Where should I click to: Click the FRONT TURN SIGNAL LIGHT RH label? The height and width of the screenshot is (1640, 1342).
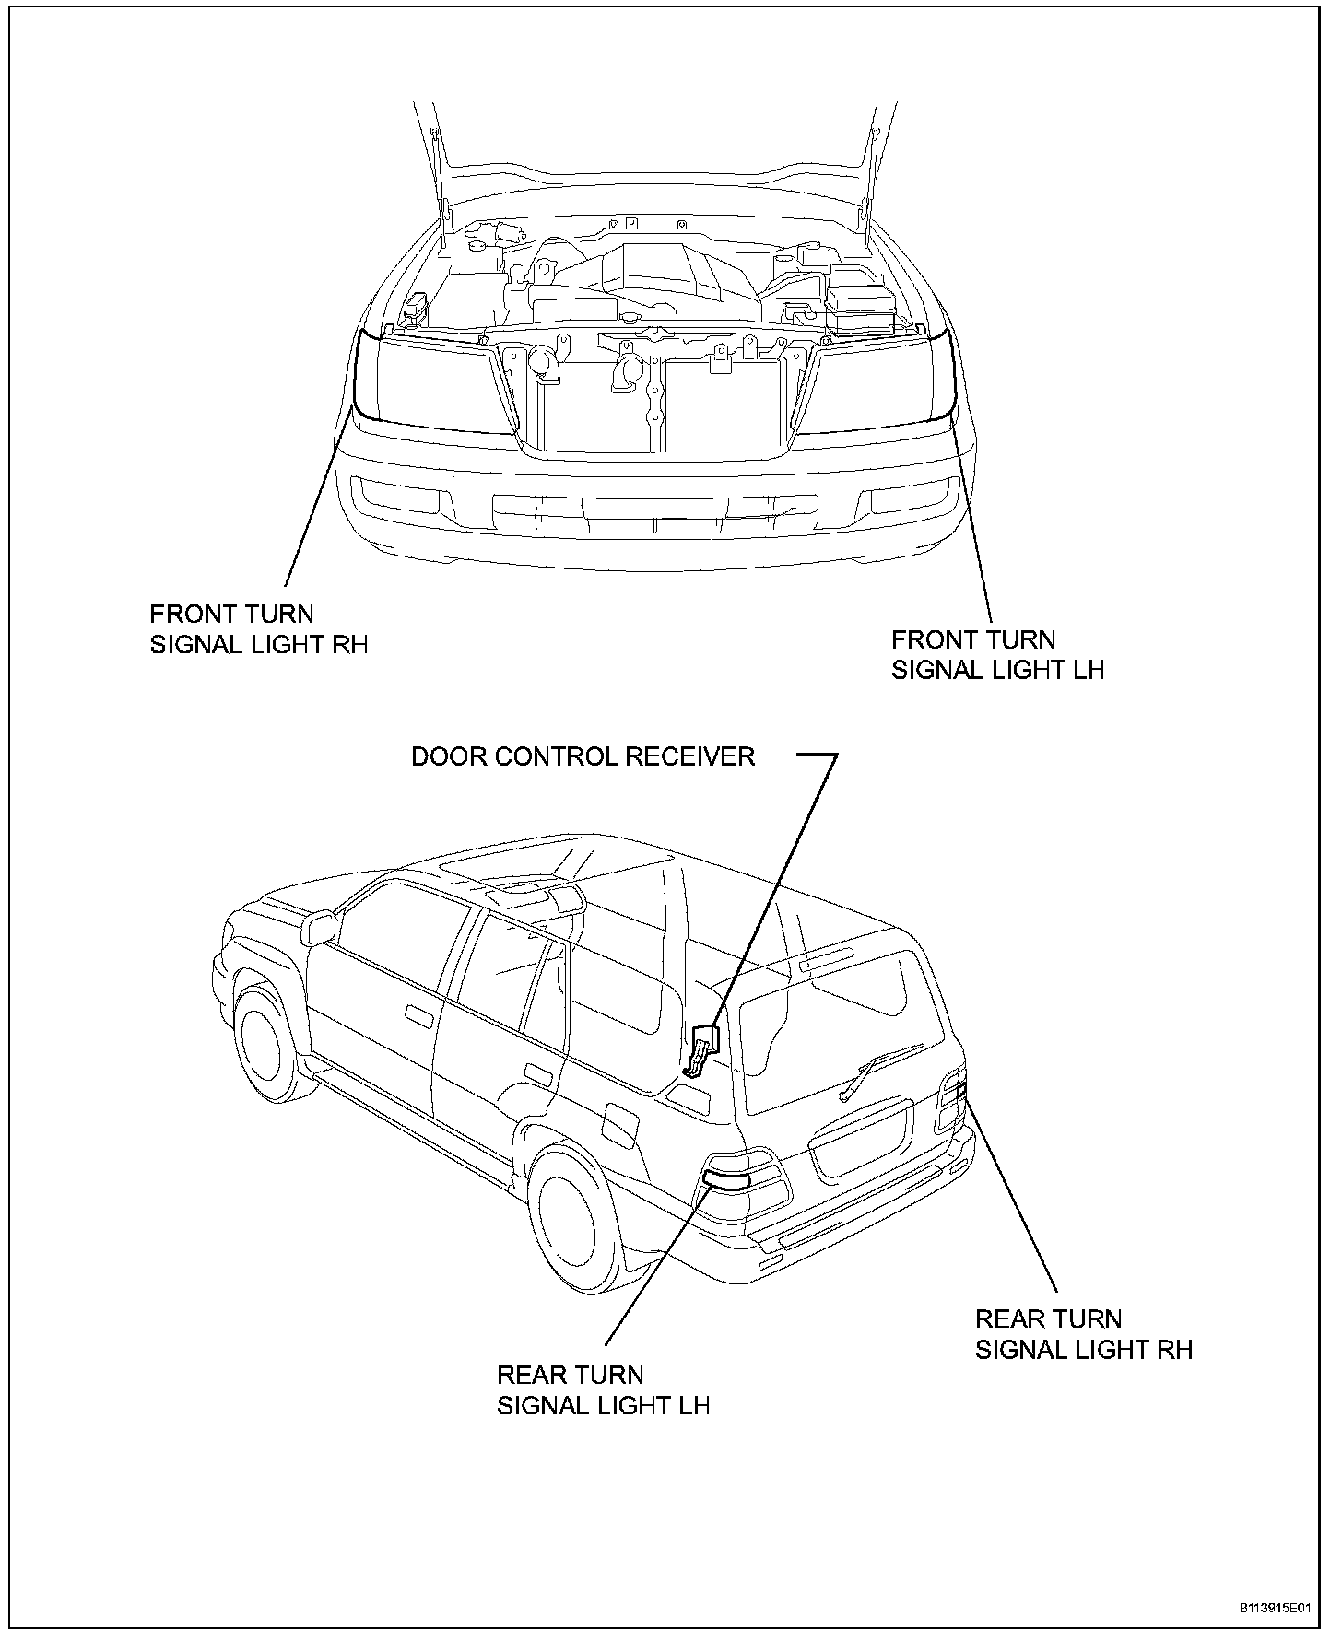pyautogui.click(x=259, y=628)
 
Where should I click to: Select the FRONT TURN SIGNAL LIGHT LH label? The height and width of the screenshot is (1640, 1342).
pyautogui.click(x=997, y=654)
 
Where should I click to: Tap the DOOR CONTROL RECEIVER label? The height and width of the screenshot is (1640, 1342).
pyautogui.click(x=583, y=756)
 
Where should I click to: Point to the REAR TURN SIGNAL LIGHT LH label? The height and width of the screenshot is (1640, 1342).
pyautogui.click(x=604, y=1390)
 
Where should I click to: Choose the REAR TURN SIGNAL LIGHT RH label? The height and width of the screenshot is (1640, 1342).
pyautogui.click(x=1084, y=1334)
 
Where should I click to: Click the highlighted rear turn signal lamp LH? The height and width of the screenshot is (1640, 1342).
pyautogui.click(x=726, y=1180)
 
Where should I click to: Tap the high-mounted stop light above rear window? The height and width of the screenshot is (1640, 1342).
pyautogui.click(x=827, y=960)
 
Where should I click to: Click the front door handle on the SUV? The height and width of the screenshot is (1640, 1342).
pyautogui.click(x=419, y=1016)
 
